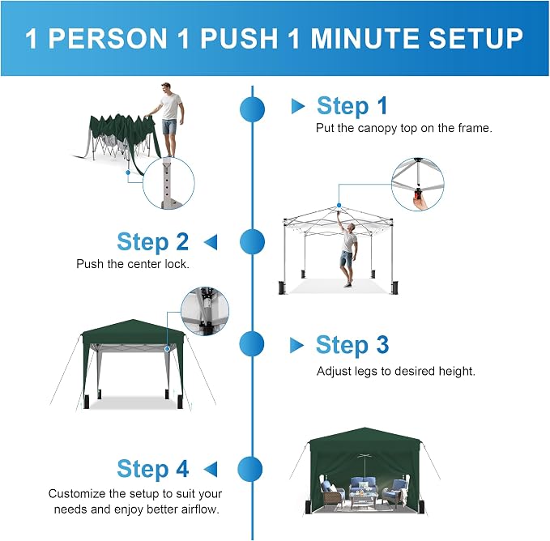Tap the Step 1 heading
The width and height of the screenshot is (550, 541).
(352, 105)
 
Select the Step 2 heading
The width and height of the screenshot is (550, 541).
(153, 241)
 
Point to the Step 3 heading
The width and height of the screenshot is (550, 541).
(352, 345)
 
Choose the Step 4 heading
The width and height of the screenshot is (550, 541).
(153, 468)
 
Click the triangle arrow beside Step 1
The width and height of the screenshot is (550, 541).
(298, 106)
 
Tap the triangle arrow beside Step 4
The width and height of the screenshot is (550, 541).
(211, 469)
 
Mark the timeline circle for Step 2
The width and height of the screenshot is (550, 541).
(252, 242)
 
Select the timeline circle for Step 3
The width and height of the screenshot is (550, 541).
(252, 344)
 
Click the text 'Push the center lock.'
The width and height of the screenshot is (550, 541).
(133, 264)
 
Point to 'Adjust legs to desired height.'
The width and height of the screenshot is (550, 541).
(395, 371)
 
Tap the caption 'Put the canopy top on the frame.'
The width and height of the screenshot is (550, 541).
(404, 128)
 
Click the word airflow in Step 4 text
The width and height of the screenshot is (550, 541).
(200, 509)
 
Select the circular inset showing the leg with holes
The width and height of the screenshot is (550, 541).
(168, 183)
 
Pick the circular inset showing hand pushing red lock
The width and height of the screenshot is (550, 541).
(418, 185)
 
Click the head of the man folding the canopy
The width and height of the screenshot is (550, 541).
(166, 88)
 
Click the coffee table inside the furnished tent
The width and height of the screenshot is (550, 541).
(364, 499)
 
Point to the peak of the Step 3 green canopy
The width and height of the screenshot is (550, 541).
(133, 320)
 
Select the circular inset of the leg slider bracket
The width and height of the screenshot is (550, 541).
(205, 311)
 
